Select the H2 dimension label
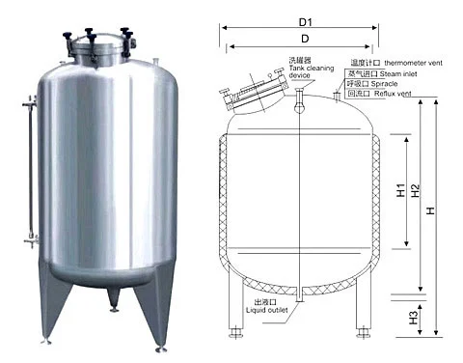(x=416, y=191)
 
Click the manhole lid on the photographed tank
(x=99, y=44)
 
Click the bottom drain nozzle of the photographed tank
(x=115, y=307)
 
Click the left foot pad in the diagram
(x=234, y=337)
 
